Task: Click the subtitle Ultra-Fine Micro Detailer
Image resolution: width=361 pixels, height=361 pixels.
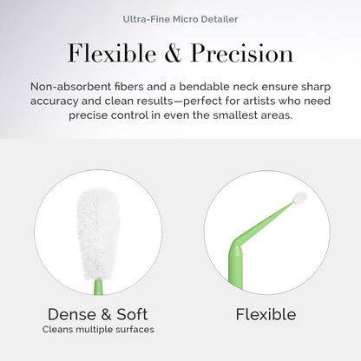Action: click(180, 18)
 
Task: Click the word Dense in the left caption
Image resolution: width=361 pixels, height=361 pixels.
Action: click(75, 314)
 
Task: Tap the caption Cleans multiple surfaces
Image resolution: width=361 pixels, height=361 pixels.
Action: click(97, 331)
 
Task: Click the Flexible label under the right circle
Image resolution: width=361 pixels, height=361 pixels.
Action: click(266, 314)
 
